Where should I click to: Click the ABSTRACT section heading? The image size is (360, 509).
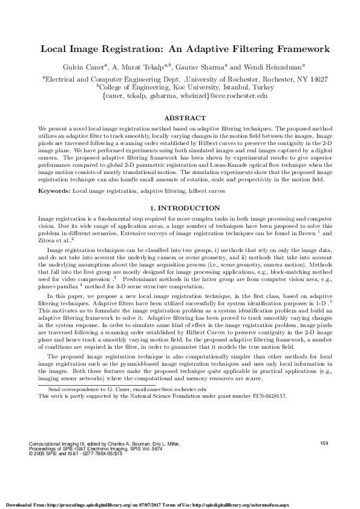click(x=180, y=118)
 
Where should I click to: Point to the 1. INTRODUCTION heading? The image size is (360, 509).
click(x=180, y=207)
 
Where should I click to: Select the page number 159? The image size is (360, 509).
click(x=323, y=444)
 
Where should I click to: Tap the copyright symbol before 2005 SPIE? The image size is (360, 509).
click(x=31, y=454)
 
